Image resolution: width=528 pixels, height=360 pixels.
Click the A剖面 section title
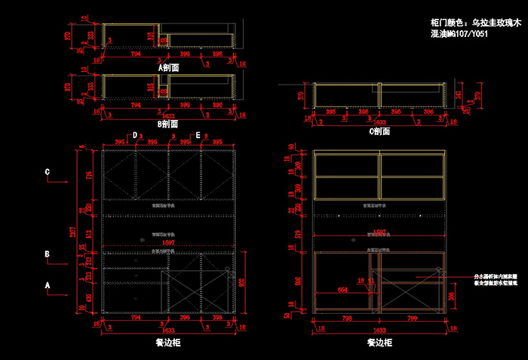[x=168, y=67]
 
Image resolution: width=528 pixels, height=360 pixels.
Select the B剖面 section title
[x=167, y=124]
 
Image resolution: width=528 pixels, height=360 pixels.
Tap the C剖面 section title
[x=379, y=131]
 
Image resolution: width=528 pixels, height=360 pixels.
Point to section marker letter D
[x=135, y=135]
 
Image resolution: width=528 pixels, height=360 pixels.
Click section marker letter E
[x=198, y=135]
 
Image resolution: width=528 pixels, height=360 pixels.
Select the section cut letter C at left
[x=48, y=173]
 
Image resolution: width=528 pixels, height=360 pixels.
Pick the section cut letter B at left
[x=48, y=255]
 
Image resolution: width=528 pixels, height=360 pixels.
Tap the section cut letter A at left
[x=48, y=286]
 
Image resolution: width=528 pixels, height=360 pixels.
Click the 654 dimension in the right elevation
[x=342, y=289]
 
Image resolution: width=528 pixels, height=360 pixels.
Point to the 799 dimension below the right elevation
[x=412, y=318]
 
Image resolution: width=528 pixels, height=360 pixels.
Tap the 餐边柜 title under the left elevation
[x=168, y=342]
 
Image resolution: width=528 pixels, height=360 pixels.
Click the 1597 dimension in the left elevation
[x=169, y=243]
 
